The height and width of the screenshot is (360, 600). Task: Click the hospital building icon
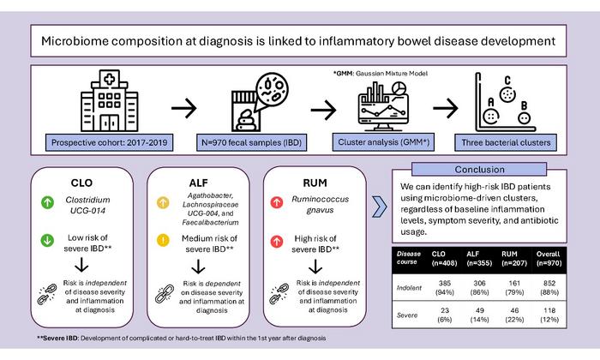tap(110, 101)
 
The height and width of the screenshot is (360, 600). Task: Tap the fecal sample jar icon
tap(260, 103)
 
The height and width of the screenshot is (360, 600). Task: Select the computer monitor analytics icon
tap(383, 106)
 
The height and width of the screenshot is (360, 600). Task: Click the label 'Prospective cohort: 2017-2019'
tap(109, 142)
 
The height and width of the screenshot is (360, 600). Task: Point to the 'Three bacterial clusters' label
tap(506, 142)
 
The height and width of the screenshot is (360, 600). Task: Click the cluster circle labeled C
tap(507, 94)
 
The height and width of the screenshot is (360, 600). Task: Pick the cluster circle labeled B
tap(524, 118)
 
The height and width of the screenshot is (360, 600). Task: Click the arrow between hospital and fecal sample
tap(184, 109)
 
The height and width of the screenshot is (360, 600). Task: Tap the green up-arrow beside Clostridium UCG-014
tap(47, 202)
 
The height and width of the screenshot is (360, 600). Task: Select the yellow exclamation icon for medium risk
tap(163, 240)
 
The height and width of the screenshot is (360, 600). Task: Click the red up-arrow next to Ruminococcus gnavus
tap(277, 202)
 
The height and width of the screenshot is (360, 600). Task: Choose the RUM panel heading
tap(315, 183)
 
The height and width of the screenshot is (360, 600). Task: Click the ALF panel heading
tap(199, 183)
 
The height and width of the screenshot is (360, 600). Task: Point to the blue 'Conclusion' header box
tap(479, 169)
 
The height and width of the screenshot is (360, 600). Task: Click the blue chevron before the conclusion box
tap(379, 207)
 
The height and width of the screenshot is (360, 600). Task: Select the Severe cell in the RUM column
tap(514, 315)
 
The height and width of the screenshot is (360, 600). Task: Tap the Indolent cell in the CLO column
tap(444, 287)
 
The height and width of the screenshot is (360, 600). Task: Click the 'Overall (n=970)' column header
tap(549, 259)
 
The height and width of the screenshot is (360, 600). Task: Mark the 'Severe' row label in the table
tap(407, 315)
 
